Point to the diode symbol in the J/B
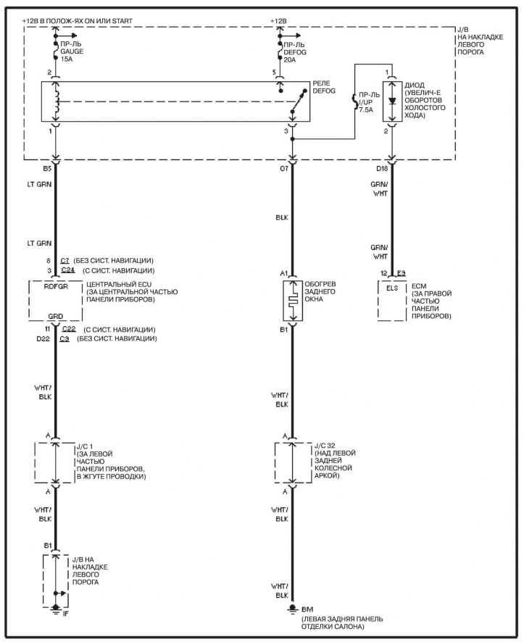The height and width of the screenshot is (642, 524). tap(392, 101)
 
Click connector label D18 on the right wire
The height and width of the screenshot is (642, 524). tap(382, 169)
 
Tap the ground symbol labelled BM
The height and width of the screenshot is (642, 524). tap(292, 608)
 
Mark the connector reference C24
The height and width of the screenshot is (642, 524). tap(68, 270)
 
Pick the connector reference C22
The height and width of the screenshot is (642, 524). tap(68, 329)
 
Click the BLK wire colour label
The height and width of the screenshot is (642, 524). tap(283, 217)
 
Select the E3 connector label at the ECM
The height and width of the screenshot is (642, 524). tap(401, 272)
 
